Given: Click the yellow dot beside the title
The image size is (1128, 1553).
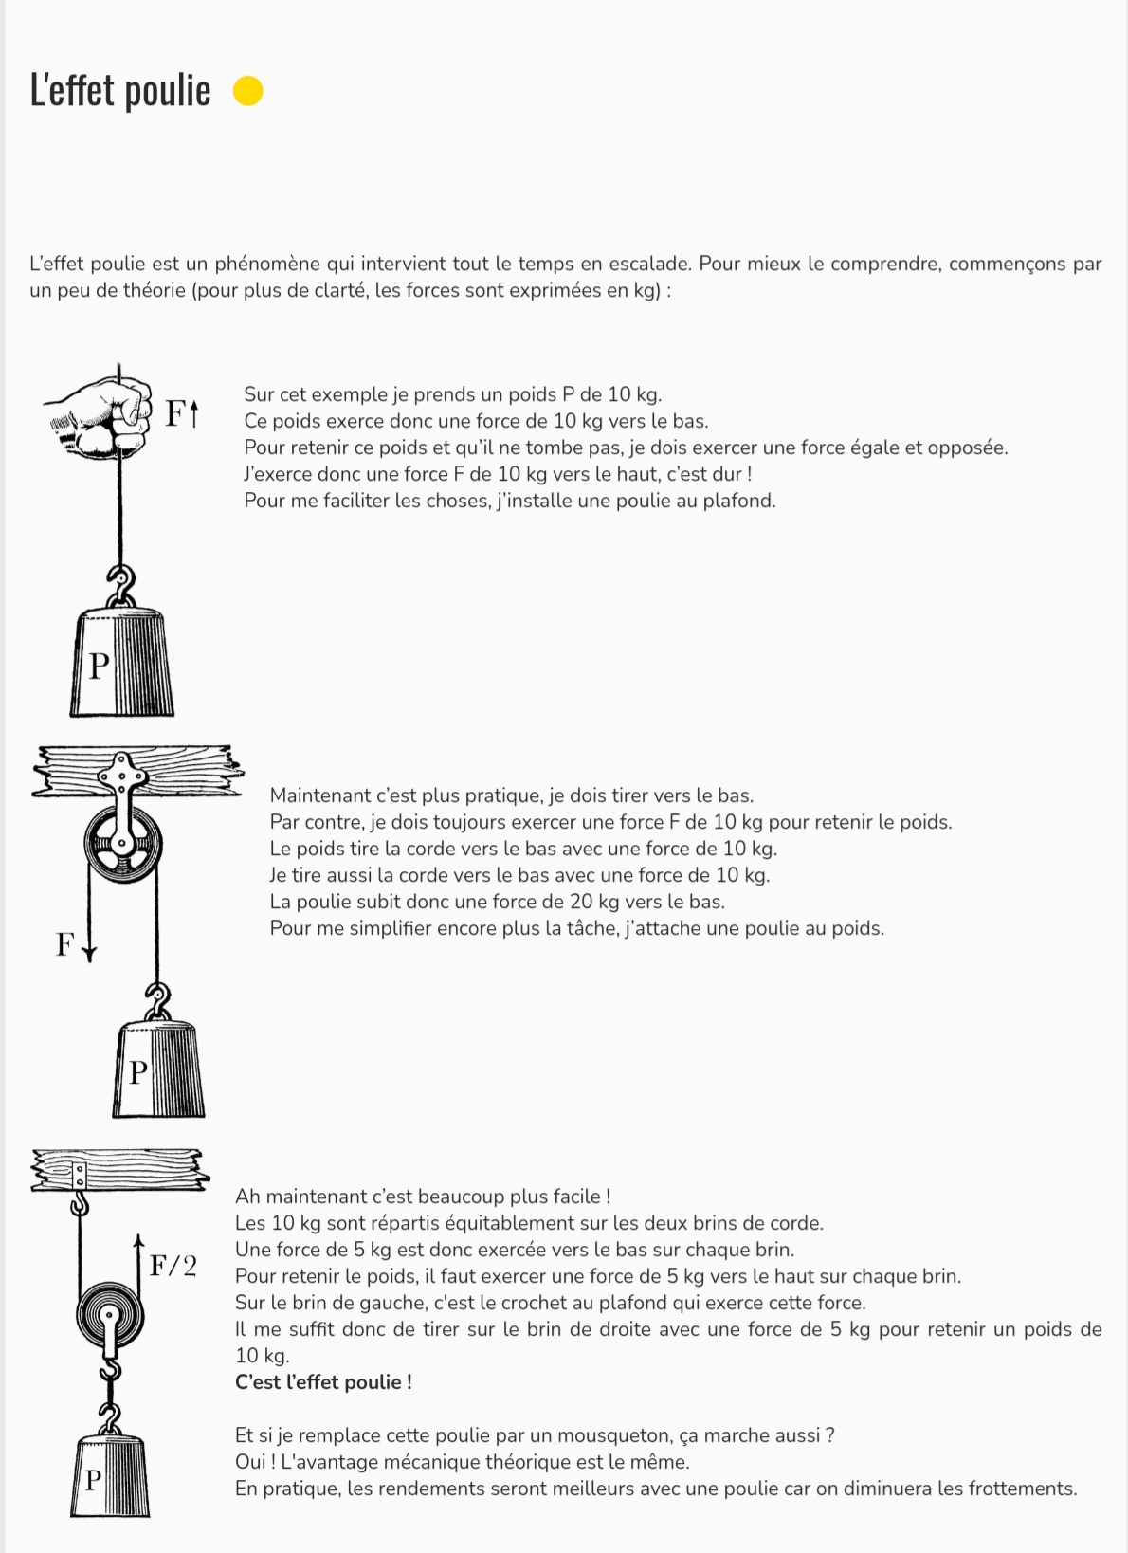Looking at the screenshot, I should [247, 91].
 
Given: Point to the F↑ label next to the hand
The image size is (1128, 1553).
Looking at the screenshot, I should [181, 413].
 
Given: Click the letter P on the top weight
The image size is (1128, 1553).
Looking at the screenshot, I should [99, 666].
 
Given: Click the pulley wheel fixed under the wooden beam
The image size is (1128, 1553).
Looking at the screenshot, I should [123, 843].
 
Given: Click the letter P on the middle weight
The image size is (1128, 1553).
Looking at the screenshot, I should [138, 1072].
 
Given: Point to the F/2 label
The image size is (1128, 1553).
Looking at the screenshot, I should [173, 1265].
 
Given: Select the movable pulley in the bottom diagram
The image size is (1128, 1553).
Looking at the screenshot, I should [110, 1316].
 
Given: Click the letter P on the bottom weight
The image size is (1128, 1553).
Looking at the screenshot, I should [93, 1479].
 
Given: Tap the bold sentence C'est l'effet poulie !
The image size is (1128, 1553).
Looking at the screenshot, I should [323, 1382].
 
